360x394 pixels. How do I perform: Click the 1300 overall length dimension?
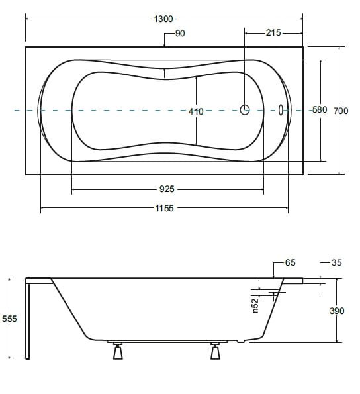coord(163,19)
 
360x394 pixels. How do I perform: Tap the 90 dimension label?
coord(180,33)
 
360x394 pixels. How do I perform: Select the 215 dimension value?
coord(273,32)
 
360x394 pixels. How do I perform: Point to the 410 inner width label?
coord(196,111)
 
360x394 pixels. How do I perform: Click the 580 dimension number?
coord(320,109)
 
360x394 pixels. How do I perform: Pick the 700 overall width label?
coord(341,111)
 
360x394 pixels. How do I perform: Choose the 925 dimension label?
coord(167,189)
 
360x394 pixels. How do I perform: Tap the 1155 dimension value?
coord(164,208)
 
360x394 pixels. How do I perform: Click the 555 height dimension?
coord(9,319)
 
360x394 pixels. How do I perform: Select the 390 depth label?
coord(337,311)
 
